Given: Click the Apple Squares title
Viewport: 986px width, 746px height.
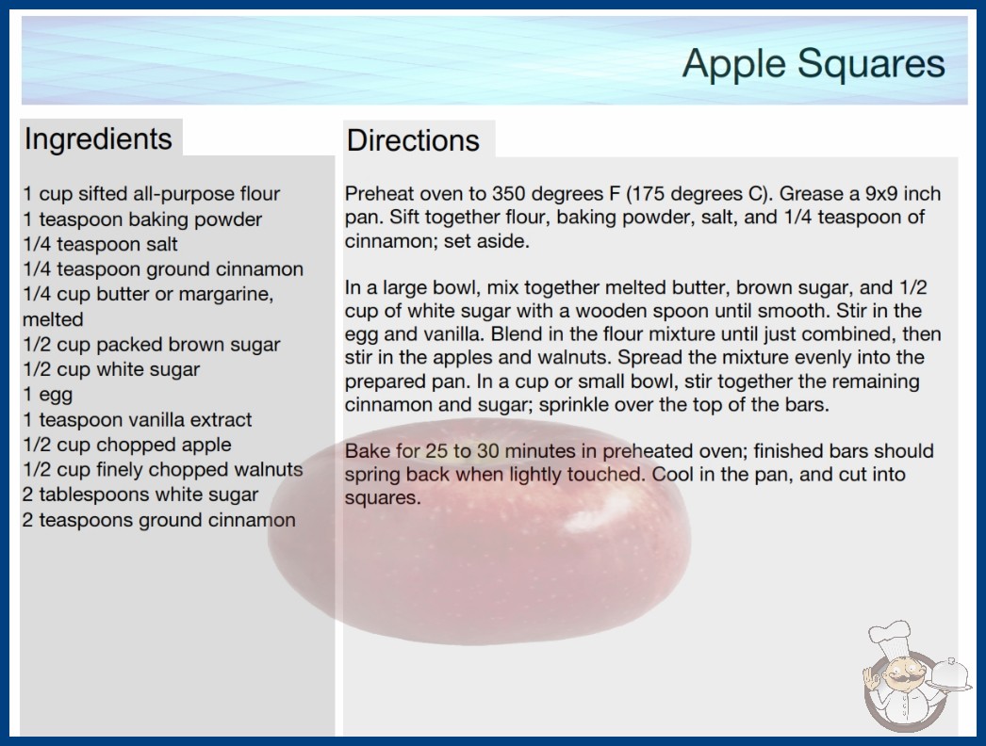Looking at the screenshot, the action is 813,64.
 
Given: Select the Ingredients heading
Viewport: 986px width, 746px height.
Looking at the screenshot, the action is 98,139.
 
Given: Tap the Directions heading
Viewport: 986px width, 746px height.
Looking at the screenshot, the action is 413,140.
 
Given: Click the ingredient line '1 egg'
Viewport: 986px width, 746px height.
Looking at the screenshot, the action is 48,395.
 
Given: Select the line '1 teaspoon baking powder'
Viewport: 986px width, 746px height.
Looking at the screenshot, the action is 142,219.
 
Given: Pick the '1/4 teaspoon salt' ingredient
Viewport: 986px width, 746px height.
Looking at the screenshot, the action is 101,244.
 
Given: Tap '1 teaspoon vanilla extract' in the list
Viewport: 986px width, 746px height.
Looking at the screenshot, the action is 138,419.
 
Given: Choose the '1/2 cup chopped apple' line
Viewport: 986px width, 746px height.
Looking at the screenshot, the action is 127,445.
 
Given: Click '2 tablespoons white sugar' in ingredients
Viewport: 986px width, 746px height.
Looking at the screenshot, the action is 140,495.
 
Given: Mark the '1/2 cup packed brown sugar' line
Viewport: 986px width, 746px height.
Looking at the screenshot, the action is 152,345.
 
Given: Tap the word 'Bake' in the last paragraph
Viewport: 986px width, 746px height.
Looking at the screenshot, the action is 367,451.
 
